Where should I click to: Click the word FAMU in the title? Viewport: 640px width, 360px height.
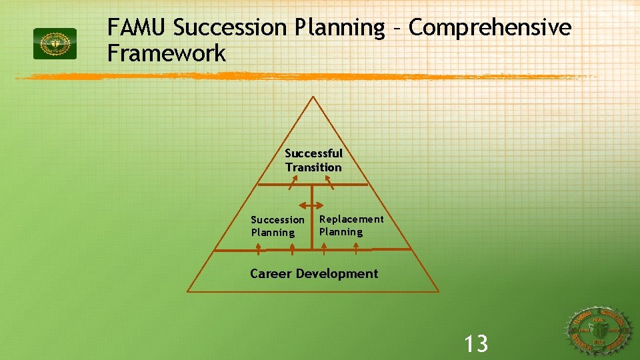coord(137,28)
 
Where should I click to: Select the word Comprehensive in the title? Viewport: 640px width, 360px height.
coord(490,28)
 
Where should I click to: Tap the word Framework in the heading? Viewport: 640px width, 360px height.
coord(167,53)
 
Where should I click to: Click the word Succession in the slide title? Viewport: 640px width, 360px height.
coord(229,28)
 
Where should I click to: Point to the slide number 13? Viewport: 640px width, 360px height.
coord(476,344)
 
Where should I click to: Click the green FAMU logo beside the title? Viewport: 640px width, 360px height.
coord(55,43)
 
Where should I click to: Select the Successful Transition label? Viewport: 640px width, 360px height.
coord(313,160)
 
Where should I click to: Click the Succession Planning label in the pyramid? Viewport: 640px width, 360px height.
coord(277,226)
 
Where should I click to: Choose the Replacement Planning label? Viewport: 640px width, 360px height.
coord(351,225)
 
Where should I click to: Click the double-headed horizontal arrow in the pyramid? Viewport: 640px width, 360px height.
coord(312,206)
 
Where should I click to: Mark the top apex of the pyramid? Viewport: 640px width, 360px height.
coord(313,97)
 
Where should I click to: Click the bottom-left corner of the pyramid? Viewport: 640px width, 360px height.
coord(188,292)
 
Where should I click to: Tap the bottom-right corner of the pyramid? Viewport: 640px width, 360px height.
coord(439,292)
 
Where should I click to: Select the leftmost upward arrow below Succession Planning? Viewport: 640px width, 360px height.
coord(259,249)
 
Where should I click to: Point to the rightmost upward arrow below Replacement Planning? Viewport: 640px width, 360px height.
coord(357,249)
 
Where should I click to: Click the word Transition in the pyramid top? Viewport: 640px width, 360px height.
coord(313,167)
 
